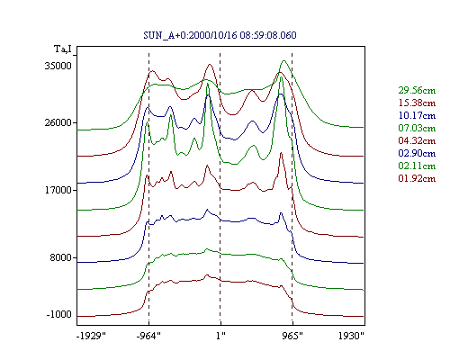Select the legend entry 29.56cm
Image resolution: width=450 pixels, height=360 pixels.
417,90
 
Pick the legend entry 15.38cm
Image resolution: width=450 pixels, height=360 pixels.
417,103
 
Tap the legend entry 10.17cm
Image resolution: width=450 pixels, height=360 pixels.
417,115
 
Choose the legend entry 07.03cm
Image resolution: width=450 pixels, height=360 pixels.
417,128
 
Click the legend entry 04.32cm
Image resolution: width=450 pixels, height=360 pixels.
417,140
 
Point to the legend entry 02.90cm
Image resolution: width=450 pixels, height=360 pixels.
417,153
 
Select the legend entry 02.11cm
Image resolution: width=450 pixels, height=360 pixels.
417,166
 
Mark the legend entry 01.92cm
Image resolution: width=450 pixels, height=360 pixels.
417,178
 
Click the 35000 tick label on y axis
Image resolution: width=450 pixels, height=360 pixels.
58,66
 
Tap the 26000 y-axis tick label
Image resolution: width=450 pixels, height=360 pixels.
58,122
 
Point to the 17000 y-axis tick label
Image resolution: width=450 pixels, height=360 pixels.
58,190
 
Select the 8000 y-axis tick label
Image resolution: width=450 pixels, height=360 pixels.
61,257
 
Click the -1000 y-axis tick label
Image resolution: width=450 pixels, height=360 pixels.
59,314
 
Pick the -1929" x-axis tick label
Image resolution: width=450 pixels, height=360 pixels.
92,336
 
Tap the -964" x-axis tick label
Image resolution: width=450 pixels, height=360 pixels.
148,336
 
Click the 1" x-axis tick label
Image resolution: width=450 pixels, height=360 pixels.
220,336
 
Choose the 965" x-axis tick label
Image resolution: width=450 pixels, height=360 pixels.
292,336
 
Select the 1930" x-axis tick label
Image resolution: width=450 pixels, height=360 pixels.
351,336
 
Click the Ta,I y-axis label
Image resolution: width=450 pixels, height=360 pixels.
63,49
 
